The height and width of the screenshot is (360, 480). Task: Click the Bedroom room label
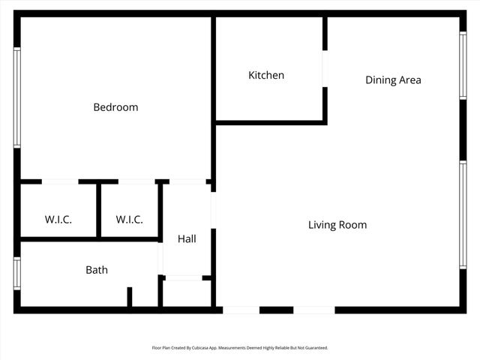coord(115,107)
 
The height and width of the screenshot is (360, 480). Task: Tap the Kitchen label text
coord(266,75)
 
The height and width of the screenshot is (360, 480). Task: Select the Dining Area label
coord(393,79)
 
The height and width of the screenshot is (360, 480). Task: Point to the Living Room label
coord(337,224)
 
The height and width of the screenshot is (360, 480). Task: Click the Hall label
coord(187,238)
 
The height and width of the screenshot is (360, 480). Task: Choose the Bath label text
coord(96,270)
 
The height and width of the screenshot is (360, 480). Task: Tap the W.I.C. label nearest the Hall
coord(129,220)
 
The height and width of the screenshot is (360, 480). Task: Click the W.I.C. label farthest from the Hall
coord(58,220)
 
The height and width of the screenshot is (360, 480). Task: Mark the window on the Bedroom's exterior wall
coord(16,97)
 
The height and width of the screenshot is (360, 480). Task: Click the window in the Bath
coord(16,273)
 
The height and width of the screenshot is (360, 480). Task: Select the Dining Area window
coord(463,65)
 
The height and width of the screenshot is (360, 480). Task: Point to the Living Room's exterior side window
coord(463,214)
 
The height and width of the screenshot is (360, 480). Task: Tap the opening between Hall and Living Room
coord(213,211)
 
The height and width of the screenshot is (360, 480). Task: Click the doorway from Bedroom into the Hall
coord(187,181)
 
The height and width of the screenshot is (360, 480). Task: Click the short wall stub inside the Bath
coord(129,297)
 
